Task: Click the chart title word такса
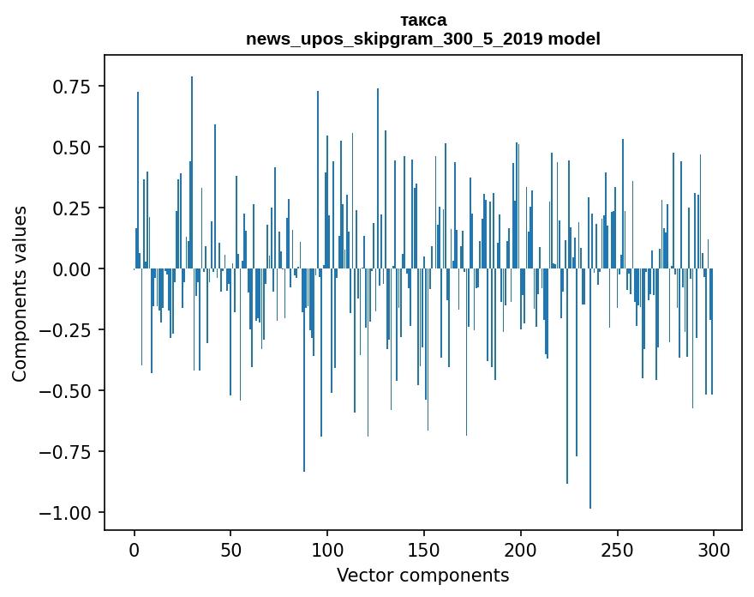pyautogui.click(x=422, y=20)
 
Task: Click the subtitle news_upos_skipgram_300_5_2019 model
pyautogui.click(x=422, y=39)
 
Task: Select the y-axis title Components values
pyautogui.click(x=20, y=293)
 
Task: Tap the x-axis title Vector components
pyautogui.click(x=422, y=576)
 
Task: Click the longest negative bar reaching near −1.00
pyautogui.click(x=590, y=429)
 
